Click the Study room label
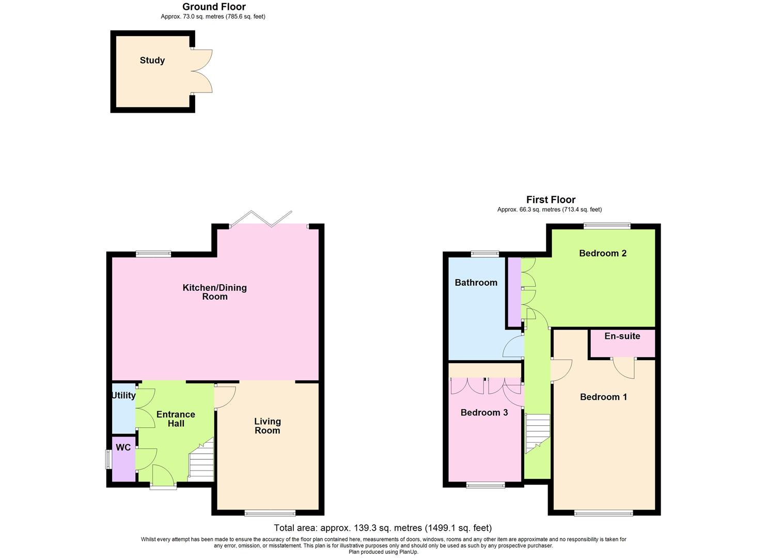[x=152, y=60]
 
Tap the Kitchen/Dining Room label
[x=215, y=292]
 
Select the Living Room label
[x=267, y=426]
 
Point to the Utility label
[x=123, y=395]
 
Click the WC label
[x=123, y=447]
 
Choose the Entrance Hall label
[x=176, y=419]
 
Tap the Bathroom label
[x=476, y=283]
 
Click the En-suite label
[x=622, y=336]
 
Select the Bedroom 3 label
[x=484, y=412]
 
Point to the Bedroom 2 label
[x=602, y=253]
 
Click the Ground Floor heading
[x=214, y=7]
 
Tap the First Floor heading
[x=551, y=199]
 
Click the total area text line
[x=382, y=528]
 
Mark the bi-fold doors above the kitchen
[x=261, y=219]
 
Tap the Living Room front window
[x=270, y=513]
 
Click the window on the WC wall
[x=108, y=459]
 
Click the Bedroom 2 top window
[x=607, y=225]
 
